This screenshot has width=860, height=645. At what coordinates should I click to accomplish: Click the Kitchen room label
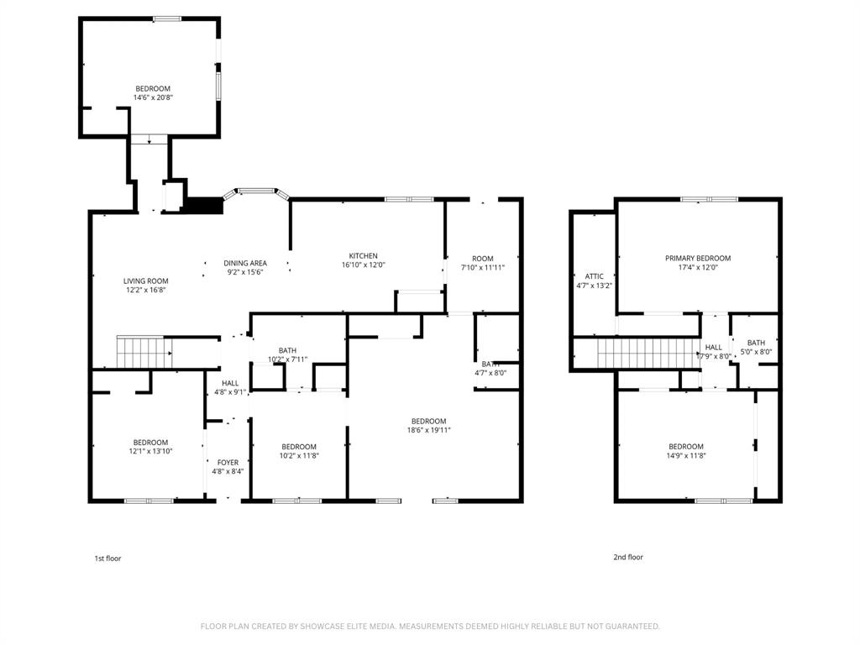[x=364, y=256]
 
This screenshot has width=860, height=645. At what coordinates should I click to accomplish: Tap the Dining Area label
[x=245, y=263]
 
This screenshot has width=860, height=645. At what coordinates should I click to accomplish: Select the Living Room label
[x=146, y=281]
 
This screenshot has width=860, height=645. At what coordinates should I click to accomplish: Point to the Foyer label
[x=228, y=463]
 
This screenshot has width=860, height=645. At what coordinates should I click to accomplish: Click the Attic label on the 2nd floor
[x=594, y=276]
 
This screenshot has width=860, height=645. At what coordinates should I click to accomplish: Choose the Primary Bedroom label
[x=698, y=259]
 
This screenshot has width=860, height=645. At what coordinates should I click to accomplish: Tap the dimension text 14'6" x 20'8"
[x=153, y=97]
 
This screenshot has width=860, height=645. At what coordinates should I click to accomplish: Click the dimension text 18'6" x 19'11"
[x=428, y=430]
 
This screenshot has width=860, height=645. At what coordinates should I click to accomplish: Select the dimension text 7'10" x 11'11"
[x=483, y=267]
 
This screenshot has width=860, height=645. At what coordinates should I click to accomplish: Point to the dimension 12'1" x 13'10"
[x=150, y=451]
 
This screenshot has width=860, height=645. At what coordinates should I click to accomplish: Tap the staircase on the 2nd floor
[x=648, y=354]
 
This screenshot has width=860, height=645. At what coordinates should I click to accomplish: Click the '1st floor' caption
[x=107, y=558]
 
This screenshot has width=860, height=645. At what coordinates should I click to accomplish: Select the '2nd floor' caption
[x=628, y=557]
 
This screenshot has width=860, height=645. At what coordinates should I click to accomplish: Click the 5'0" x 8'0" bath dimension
[x=756, y=352]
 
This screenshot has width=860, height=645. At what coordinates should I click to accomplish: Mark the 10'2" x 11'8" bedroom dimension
[x=299, y=455]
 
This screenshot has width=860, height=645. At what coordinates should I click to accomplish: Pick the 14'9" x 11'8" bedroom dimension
[x=686, y=455]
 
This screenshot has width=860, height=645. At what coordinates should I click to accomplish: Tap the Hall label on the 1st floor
[x=230, y=383]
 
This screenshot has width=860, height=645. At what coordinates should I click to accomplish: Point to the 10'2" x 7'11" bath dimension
[x=287, y=359]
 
